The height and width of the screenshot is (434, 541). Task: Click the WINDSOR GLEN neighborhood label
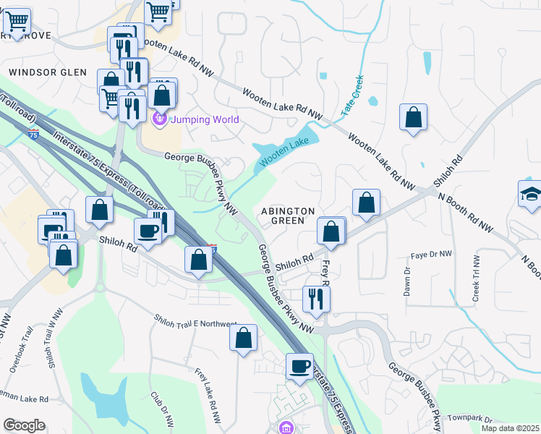pos(48,72)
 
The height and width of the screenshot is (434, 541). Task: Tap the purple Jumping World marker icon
pos(159,118)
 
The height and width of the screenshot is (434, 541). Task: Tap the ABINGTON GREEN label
pos(288,216)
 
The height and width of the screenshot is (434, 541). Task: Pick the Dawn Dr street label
pos(407,281)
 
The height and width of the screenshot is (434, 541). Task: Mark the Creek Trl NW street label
pos(476,278)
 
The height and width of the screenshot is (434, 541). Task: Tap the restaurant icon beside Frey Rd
pos(316,298)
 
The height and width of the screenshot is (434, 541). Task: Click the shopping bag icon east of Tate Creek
pos(413,117)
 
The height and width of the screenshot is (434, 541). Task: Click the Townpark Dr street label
pos(469,420)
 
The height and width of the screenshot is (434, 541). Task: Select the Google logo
pos(24,425)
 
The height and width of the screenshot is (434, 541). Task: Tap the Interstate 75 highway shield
pos(33,134)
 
